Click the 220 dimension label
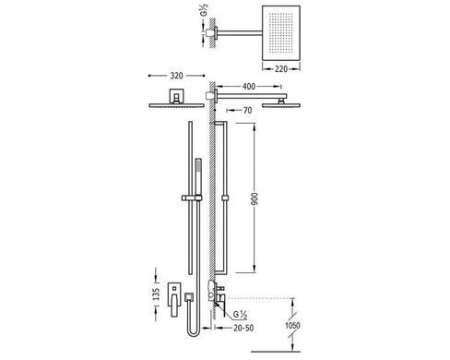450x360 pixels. coord(281,69)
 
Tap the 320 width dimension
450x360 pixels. coord(176,76)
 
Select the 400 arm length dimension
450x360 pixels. coord(249,87)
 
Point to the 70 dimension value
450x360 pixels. coord(247,110)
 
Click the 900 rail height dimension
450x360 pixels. coord(255,198)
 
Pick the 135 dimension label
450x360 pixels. coord(157,294)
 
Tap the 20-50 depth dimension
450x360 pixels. coord(243,328)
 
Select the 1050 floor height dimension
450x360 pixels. coord(292,325)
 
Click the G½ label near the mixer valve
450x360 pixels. coord(240,315)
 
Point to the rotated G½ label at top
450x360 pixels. coord(205,10)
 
